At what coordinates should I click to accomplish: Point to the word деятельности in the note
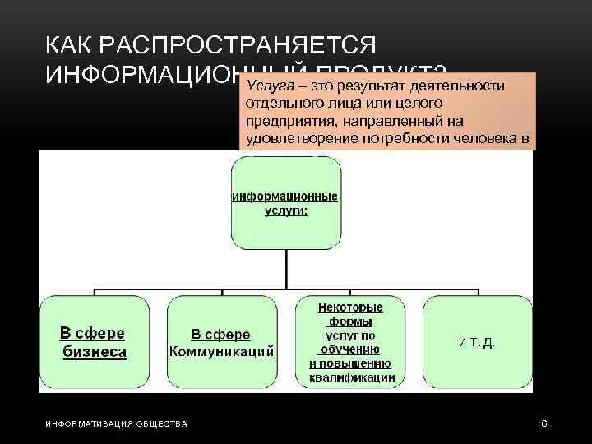460,86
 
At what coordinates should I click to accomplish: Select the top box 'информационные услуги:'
286,197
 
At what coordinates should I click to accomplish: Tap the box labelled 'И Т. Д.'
478,341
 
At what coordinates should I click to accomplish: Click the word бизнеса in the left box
95,352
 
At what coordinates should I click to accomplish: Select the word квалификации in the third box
350,378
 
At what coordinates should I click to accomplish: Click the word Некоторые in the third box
350,308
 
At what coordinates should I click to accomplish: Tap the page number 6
543,423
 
